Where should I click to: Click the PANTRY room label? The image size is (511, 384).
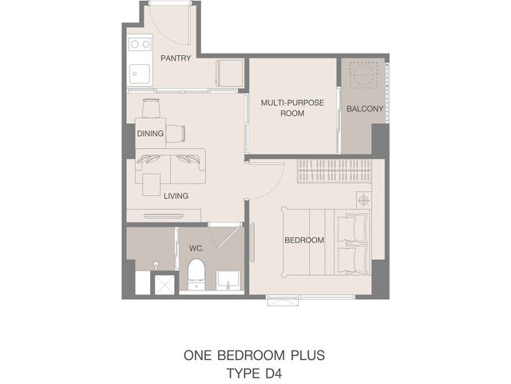(176, 58)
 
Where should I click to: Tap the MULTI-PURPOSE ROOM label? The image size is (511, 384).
(292, 108)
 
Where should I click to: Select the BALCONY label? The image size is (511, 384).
(365, 109)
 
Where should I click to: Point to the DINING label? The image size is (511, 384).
(150, 134)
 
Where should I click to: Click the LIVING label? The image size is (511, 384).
(176, 196)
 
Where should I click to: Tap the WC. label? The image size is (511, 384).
(196, 249)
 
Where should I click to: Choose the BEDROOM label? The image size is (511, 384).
(304, 240)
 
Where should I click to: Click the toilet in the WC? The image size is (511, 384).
(196, 274)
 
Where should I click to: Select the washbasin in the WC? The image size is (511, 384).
(228, 281)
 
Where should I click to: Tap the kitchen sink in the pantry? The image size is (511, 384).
(140, 74)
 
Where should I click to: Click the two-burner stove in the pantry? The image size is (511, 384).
(141, 44)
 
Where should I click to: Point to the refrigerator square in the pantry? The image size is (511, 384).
(230, 73)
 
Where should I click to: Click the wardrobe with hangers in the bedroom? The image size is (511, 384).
(334, 171)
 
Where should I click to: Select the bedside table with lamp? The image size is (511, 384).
(364, 200)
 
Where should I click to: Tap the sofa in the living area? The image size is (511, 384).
(170, 166)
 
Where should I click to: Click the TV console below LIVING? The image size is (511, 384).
(164, 215)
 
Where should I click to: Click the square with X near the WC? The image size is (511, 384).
(165, 285)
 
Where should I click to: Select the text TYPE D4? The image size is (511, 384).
(254, 374)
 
